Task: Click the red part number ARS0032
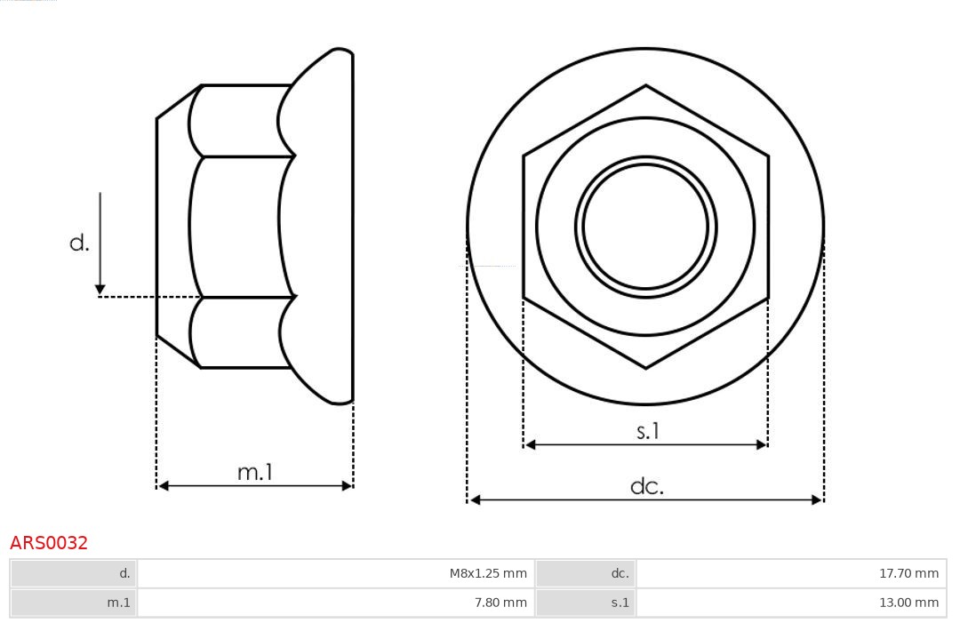point(49,543)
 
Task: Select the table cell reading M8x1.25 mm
point(335,573)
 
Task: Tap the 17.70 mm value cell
point(791,573)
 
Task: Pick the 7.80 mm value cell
point(335,603)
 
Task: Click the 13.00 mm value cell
point(791,603)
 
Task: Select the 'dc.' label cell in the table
point(586,573)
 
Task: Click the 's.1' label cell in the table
point(586,603)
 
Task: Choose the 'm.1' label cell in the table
point(75,603)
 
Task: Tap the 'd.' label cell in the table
point(75,573)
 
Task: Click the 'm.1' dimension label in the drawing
point(255,472)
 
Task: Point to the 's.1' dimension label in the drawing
point(648,431)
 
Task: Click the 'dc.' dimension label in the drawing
point(647,486)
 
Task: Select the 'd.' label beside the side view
point(79,243)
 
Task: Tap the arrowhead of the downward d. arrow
point(100,289)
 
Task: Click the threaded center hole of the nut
point(645,226)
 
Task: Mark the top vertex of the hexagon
point(645,86)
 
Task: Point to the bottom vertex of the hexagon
point(645,367)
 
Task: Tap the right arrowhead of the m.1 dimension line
point(347,486)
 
